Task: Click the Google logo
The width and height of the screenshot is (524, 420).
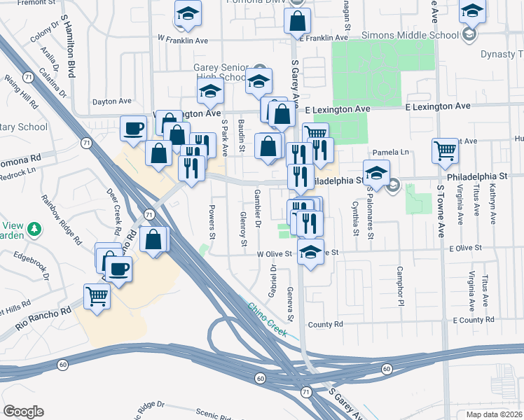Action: pyautogui.click(x=23, y=412)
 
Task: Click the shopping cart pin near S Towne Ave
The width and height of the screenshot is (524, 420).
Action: pyautogui.click(x=446, y=150)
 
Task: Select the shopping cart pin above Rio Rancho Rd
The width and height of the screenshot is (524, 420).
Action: pyautogui.click(x=97, y=295)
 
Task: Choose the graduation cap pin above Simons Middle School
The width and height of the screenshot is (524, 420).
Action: pyautogui.click(x=473, y=12)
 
